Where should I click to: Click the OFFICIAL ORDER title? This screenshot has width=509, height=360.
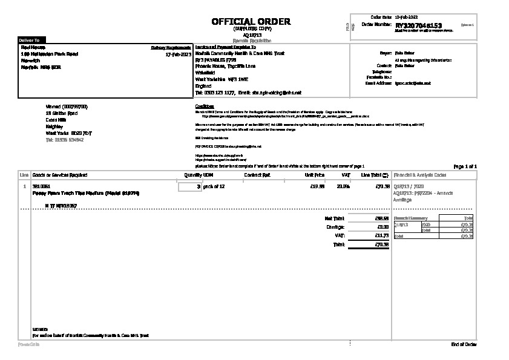pos(251,22)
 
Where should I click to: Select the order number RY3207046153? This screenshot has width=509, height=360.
pos(418,26)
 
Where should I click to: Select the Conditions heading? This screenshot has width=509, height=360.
pos(205,106)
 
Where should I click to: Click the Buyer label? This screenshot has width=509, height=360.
pos(385,53)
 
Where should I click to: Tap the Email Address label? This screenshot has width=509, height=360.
pos(378,83)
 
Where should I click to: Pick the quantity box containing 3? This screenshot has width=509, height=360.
pos(190,187)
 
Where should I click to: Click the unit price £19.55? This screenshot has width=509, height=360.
pos(317,186)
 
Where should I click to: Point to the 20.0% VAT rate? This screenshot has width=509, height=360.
pos(343,186)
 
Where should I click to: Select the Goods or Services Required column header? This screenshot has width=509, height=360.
pos(59,175)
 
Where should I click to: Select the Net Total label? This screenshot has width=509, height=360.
pos(334,218)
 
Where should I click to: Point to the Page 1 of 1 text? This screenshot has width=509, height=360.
pos(465,166)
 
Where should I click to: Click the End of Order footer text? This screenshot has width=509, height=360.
pos(464,344)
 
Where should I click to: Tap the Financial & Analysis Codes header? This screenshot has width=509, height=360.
pos(420,175)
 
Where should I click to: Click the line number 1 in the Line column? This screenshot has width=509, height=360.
pos(24,186)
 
